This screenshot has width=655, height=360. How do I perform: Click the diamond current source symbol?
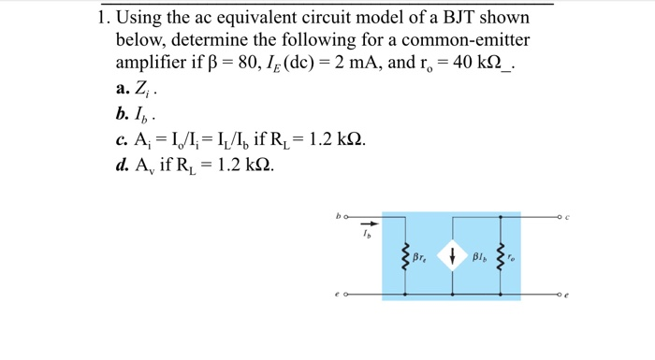point(452,255)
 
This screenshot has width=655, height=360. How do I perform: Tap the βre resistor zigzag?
point(404,255)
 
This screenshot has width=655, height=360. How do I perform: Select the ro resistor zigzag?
point(501,255)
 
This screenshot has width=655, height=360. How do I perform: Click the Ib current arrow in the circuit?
point(371,223)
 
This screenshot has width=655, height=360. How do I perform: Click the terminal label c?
point(567,217)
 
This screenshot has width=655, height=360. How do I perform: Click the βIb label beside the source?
point(478,255)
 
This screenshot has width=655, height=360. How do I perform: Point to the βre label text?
point(423,255)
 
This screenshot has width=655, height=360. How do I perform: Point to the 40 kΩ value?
point(483,64)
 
